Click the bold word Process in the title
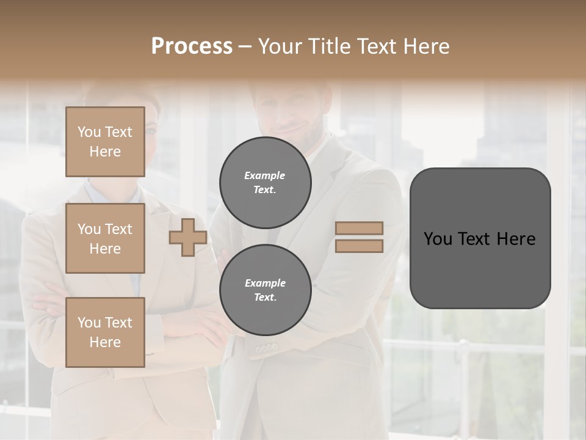192,46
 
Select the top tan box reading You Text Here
105,142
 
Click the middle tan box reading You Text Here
105,238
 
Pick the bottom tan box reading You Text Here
105,332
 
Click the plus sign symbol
187,237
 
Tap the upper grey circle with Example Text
265,183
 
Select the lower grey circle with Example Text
265,290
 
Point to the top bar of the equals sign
359,228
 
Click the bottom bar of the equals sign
359,246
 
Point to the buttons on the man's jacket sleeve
266,348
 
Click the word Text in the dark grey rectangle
476,238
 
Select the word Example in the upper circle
265,175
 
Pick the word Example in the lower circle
265,283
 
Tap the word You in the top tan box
89,132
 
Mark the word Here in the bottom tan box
105,342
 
